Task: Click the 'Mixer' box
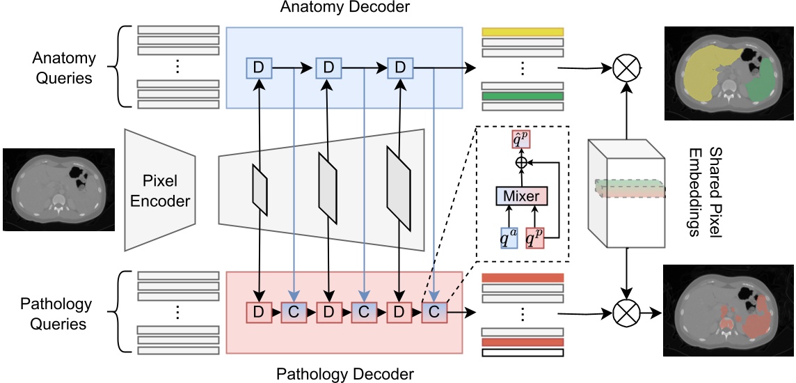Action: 522,196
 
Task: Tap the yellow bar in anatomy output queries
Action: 522,31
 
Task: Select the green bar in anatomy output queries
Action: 522,95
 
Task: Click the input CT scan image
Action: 58,189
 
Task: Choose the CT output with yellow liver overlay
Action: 729,73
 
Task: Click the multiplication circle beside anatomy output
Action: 624,68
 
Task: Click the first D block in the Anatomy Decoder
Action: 258,68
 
